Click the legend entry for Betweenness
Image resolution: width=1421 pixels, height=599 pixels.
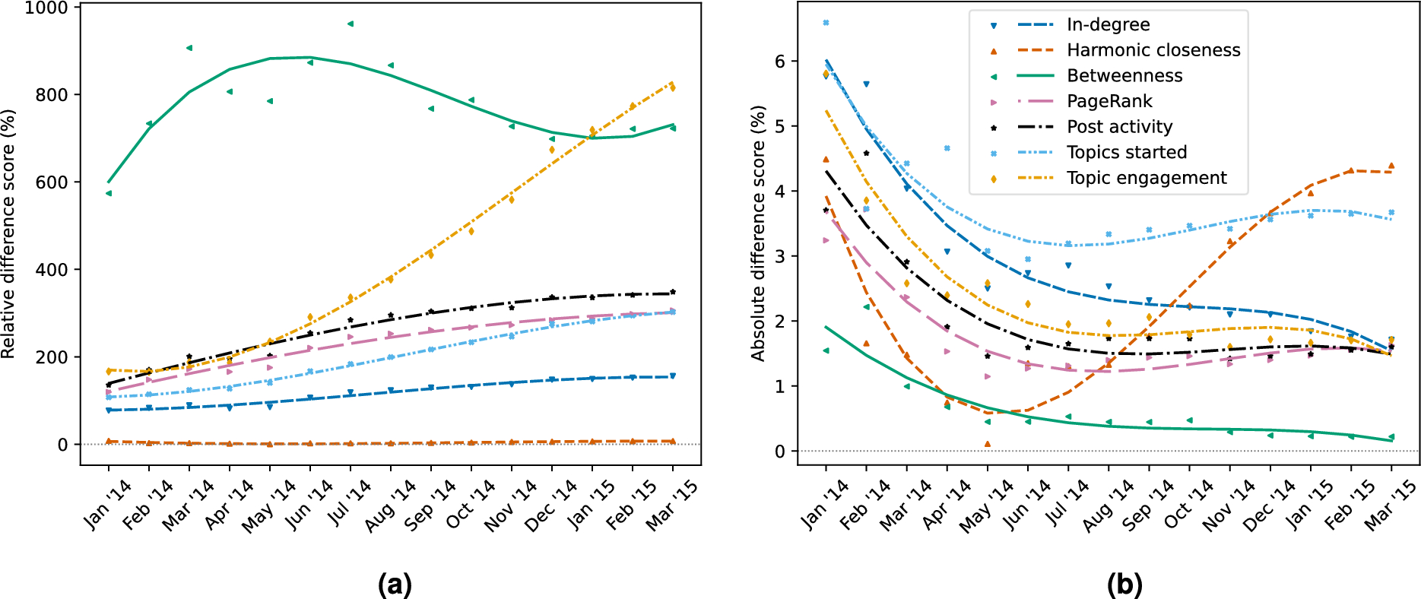pyautogui.click(x=1124, y=76)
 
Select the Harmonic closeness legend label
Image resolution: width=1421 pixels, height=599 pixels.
pyautogui.click(x=1153, y=50)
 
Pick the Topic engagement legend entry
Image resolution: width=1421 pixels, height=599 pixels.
pyautogui.click(x=1146, y=178)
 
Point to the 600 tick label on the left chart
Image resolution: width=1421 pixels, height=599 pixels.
pyautogui.click(x=52, y=182)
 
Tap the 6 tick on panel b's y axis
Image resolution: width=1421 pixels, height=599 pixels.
pyautogui.click(x=780, y=62)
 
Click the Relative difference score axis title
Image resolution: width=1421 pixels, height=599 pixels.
pyautogui.click(x=8, y=234)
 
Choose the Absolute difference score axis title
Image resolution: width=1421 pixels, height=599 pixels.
pyautogui.click(x=758, y=234)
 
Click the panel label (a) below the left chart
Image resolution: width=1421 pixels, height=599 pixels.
pyautogui.click(x=395, y=584)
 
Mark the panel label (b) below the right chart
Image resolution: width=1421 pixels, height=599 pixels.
pyautogui.click(x=1124, y=584)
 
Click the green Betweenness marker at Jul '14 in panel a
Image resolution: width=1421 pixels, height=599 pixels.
pyautogui.click(x=350, y=24)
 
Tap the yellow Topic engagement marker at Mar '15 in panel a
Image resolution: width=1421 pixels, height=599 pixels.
pyautogui.click(x=673, y=88)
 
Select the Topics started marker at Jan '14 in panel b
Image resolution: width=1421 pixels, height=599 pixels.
pyautogui.click(x=826, y=23)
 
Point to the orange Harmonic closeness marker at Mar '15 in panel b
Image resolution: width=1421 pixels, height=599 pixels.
pyautogui.click(x=1391, y=166)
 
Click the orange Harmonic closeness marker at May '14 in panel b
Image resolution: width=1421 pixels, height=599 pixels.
pyautogui.click(x=988, y=444)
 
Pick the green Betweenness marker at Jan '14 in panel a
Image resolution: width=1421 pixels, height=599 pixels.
pyautogui.click(x=109, y=193)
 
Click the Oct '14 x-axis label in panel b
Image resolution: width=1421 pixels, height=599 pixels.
pyautogui.click(x=1188, y=505)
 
